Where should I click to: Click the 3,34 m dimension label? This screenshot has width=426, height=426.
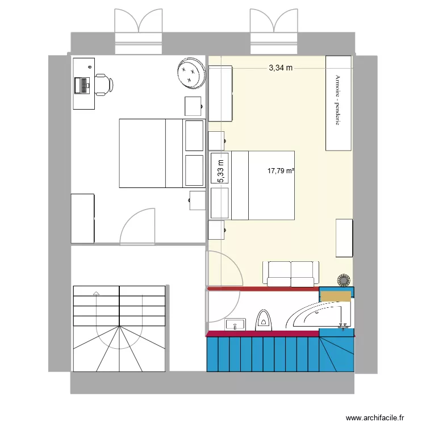[281, 68]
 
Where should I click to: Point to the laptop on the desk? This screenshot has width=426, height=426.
[82, 85]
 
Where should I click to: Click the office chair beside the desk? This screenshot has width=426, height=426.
[103, 84]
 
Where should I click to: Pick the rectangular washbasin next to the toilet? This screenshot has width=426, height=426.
[235, 325]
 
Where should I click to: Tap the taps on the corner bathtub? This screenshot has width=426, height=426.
[343, 326]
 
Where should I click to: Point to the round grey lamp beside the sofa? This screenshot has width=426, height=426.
[344, 280]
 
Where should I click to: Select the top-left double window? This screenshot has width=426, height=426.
[139, 27]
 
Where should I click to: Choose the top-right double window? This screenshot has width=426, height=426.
[274, 27]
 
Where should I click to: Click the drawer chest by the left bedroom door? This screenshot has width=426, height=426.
[82, 218]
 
